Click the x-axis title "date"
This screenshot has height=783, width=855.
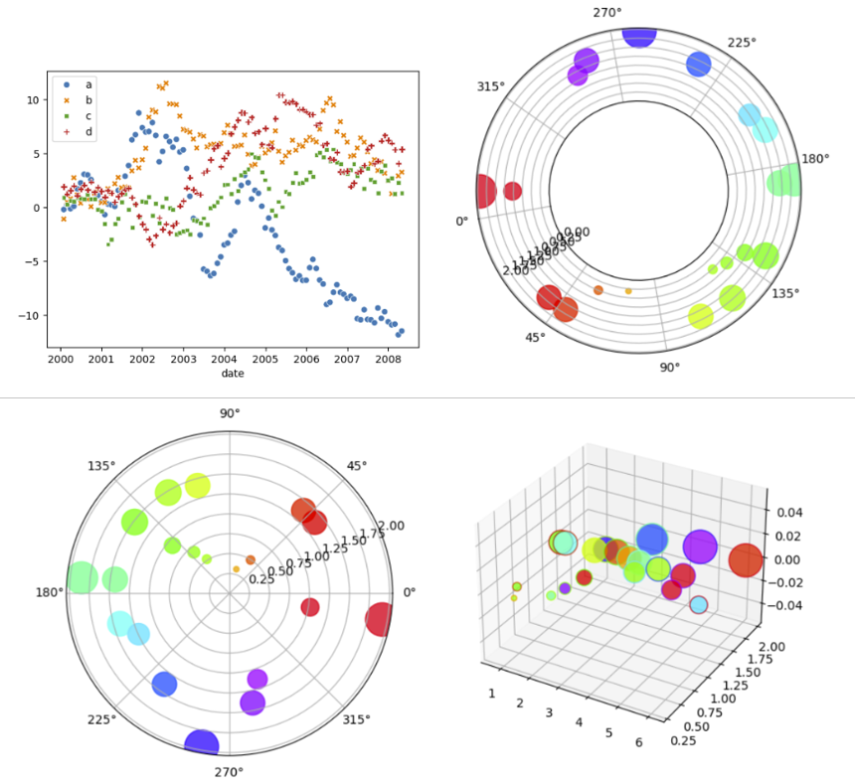pyautogui.click(x=233, y=374)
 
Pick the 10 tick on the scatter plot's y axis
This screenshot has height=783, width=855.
pyautogui.click(x=32, y=99)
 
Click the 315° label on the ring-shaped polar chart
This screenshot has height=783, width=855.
pyautogui.click(x=491, y=86)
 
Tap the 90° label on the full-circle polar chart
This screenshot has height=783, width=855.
pyautogui.click(x=230, y=413)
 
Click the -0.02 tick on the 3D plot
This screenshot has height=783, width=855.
pyautogui.click(x=785, y=582)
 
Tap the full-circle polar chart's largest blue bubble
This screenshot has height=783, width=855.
pyautogui.click(x=202, y=744)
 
